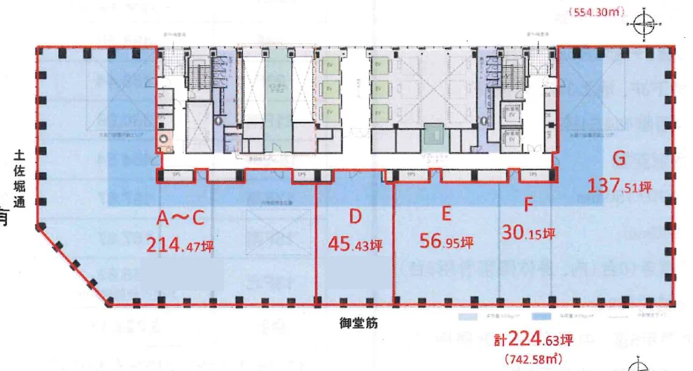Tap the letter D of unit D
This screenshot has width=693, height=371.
click(x=355, y=218)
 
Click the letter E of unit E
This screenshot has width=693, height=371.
click(x=446, y=214)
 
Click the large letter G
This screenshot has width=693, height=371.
click(x=619, y=159)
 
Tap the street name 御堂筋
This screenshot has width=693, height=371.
click(x=354, y=322)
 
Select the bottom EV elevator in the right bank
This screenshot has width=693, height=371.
click(x=382, y=111)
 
